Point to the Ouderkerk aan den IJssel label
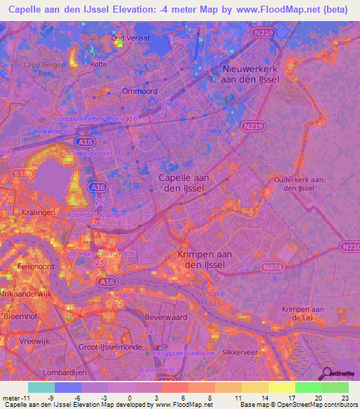[298, 184]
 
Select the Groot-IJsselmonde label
[113, 347]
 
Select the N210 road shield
[349, 247]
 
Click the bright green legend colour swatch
[309, 387]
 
